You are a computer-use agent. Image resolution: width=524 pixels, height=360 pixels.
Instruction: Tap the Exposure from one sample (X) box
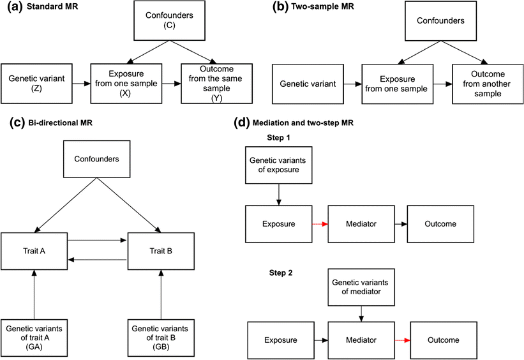(x=125, y=83)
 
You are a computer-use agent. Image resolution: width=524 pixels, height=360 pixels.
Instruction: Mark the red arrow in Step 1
(x=319, y=225)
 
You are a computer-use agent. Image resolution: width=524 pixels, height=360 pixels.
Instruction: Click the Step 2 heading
(x=276, y=273)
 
